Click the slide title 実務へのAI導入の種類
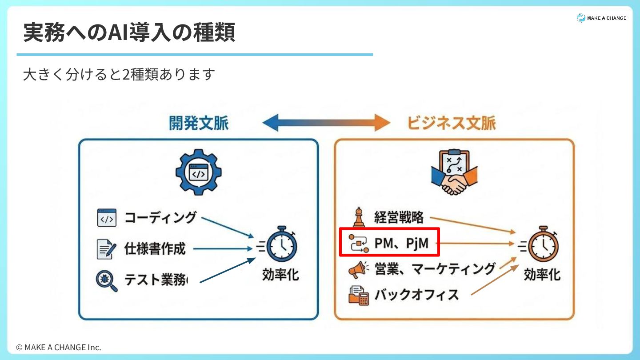pyautogui.click(x=129, y=32)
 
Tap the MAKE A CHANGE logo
pyautogui.click(x=601, y=18)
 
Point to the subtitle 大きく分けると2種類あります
pyautogui.click(x=119, y=74)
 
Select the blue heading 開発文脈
pyautogui.click(x=199, y=123)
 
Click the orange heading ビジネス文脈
pyautogui.click(x=452, y=123)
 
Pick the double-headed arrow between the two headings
pyautogui.click(x=326, y=122)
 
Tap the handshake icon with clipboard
pyautogui.click(x=454, y=172)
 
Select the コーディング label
pyautogui.click(x=160, y=217)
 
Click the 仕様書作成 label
pyautogui.click(x=155, y=248)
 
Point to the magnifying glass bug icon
pyautogui.click(x=107, y=281)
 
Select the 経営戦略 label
pyautogui.click(x=399, y=217)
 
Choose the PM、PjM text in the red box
pyautogui.click(x=402, y=243)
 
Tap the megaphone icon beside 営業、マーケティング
pyautogui.click(x=358, y=269)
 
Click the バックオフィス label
pyautogui.click(x=416, y=294)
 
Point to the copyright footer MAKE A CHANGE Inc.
pyautogui.click(x=59, y=347)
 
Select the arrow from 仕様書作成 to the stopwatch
pyautogui.click(x=222, y=248)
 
